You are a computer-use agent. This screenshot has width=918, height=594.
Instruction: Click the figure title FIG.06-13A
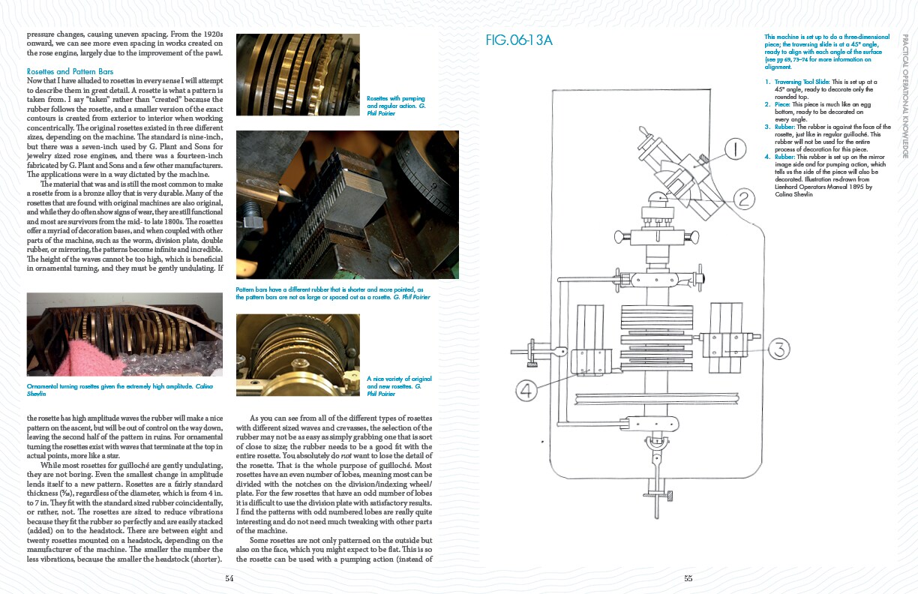(x=519, y=40)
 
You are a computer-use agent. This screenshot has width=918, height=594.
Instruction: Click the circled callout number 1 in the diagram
(x=736, y=150)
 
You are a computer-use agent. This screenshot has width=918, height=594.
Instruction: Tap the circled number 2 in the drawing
(x=743, y=199)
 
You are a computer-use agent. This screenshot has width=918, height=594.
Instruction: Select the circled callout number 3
(x=780, y=348)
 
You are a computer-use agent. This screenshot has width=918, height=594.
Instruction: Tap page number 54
(x=229, y=577)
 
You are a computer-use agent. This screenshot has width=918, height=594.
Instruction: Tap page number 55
(x=688, y=577)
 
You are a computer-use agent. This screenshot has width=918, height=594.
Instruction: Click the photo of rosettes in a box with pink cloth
(x=120, y=334)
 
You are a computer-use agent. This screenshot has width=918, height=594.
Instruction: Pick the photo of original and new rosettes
(x=298, y=355)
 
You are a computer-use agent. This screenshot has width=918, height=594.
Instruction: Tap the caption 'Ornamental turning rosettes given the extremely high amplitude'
(x=120, y=389)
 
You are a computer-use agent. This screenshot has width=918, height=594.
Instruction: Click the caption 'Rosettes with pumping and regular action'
(x=396, y=106)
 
